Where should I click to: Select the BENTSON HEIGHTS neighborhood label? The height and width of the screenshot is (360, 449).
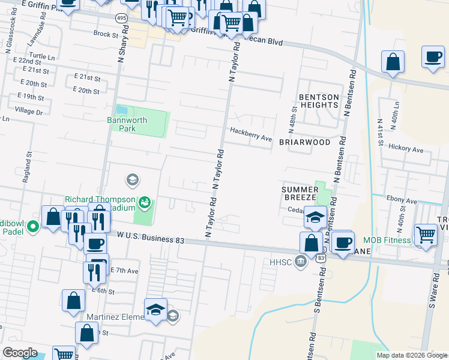click(319, 101)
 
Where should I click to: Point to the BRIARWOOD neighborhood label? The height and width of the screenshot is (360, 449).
click(304, 142)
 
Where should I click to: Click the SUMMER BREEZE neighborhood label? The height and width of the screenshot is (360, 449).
click(300, 193)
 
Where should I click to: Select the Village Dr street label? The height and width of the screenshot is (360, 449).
click(29, 112)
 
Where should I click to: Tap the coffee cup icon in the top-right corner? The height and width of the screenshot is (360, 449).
click(432, 57)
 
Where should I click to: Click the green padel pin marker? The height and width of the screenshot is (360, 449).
click(34, 227)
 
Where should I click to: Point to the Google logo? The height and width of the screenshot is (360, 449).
click(20, 353)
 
